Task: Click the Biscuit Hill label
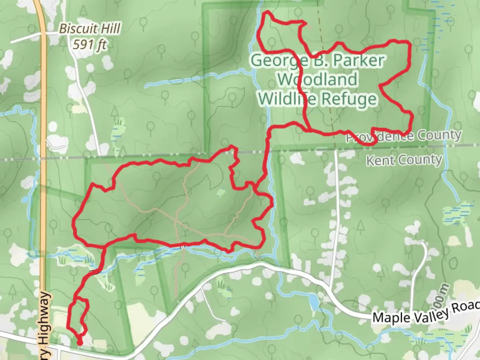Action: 89,29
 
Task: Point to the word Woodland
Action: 318,79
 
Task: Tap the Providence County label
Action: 403,136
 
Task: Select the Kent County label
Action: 404,160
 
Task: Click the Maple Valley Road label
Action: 425,313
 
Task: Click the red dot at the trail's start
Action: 80,342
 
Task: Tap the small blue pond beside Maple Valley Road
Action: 314,302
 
